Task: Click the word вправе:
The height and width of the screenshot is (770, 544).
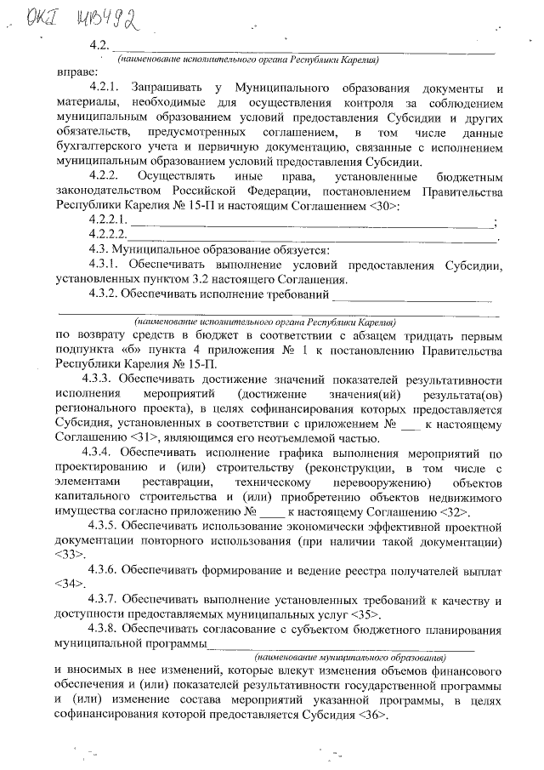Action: [76, 73]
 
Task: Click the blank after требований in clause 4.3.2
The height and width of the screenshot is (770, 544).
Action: [411, 295]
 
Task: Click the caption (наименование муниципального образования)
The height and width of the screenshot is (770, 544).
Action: [350, 658]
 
